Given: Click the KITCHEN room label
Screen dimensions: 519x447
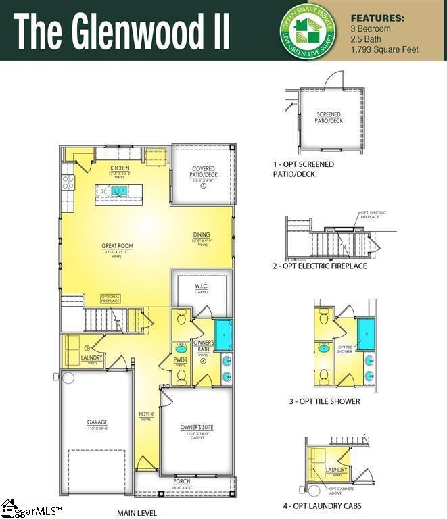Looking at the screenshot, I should tap(120, 168).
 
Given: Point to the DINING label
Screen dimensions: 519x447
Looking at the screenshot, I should tap(202, 235).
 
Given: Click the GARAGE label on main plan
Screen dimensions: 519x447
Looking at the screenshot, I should tap(97, 422).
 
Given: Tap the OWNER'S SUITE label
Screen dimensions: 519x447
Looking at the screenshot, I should tap(197, 427).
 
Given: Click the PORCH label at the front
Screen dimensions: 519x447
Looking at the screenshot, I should tap(182, 481).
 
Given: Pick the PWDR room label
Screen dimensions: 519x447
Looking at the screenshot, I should tap(181, 361).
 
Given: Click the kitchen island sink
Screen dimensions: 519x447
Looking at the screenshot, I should tap(120, 192).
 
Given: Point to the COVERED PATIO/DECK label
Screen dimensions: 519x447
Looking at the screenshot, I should tap(204, 172).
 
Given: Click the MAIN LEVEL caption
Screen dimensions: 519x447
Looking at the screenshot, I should tap(137, 513).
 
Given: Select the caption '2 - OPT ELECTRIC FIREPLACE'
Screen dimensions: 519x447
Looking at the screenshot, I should tap(320, 266).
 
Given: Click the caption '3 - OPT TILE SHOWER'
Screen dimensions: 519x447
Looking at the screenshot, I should tap(325, 401).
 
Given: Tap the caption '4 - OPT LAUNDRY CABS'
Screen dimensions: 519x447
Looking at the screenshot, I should tap(322, 505).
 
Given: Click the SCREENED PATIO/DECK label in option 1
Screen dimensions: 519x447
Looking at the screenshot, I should tap(329, 118).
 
